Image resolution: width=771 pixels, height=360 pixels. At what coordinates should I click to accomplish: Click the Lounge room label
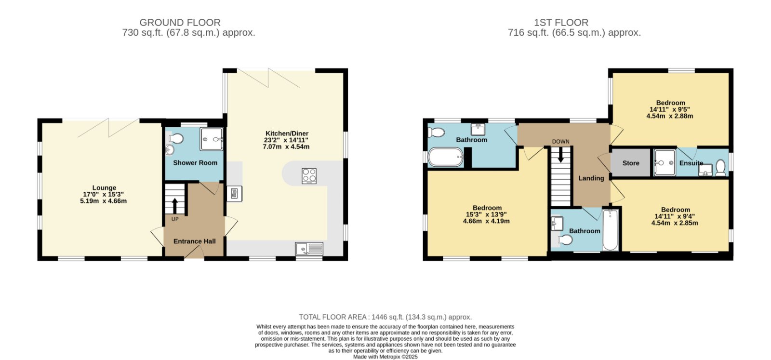coord(104,188)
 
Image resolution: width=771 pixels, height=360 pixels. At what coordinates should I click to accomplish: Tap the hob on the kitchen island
coord(309,175)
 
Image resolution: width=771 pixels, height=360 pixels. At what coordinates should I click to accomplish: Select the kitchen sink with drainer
coord(309,249)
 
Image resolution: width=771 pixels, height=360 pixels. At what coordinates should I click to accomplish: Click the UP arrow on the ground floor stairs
coord(175,206)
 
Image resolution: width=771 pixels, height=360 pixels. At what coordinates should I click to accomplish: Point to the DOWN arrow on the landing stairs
coord(561,155)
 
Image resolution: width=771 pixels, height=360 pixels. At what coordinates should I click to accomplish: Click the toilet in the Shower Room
coord(176,139)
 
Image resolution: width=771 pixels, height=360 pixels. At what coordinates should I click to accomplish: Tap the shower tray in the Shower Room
coord(212,139)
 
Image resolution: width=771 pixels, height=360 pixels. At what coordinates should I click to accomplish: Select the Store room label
coord(631,163)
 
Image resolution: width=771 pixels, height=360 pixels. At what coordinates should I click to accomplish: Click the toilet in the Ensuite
coord(720,168)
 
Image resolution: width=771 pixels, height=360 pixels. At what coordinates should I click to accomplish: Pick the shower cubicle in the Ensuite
coord(665,163)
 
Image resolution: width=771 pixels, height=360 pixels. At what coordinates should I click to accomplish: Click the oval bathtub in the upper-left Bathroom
coord(446,157)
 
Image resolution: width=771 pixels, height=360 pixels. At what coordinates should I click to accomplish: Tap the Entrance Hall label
coord(195,241)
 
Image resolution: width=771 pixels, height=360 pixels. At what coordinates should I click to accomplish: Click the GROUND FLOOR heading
coord(180,23)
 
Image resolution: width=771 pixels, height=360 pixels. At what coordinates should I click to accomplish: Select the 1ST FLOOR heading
coord(561,23)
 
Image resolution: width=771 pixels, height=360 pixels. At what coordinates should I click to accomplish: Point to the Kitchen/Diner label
coord(287,133)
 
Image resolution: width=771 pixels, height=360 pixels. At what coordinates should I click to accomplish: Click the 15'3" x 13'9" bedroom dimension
coord(486,214)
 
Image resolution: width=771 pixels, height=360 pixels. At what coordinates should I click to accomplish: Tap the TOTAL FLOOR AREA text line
coord(385,317)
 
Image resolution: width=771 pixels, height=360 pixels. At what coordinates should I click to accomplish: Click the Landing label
coord(591,178)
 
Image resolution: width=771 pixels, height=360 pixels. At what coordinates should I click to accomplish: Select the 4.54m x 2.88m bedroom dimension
coord(670,116)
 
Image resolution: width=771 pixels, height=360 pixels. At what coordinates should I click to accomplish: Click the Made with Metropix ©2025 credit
coord(385,357)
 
